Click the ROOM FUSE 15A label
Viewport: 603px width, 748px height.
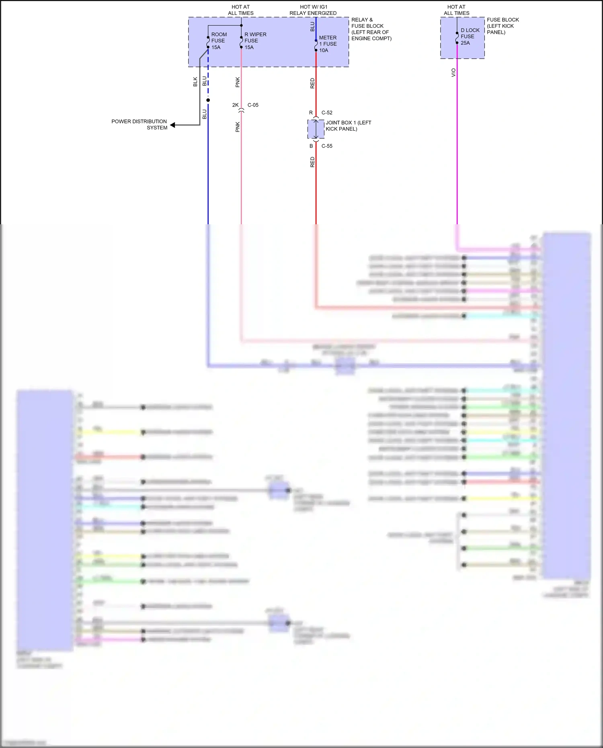point(219,41)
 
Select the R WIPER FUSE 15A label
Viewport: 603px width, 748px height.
point(255,41)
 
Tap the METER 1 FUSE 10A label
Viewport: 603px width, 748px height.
point(328,44)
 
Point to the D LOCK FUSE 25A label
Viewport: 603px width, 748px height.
point(470,37)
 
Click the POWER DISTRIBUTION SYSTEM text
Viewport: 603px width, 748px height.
point(139,125)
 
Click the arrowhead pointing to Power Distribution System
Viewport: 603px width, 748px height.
point(173,125)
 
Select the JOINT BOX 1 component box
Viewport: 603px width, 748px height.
point(316,129)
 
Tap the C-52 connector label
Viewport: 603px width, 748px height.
point(327,113)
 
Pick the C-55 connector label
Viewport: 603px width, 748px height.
point(327,146)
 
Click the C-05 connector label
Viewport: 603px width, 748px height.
point(253,105)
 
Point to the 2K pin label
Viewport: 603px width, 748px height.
point(235,105)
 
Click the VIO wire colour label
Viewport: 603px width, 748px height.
point(453,73)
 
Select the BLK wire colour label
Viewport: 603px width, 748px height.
point(195,82)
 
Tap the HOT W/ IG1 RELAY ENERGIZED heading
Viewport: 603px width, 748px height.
point(313,10)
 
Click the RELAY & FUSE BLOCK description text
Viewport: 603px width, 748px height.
point(371,29)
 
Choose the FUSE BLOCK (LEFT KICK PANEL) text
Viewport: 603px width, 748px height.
point(503,26)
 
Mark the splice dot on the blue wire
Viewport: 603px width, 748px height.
point(208,100)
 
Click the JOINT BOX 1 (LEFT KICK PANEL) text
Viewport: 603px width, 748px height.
point(348,126)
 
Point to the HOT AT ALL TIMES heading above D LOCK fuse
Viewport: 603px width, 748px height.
point(456,10)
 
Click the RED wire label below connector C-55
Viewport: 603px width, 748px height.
point(312,162)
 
